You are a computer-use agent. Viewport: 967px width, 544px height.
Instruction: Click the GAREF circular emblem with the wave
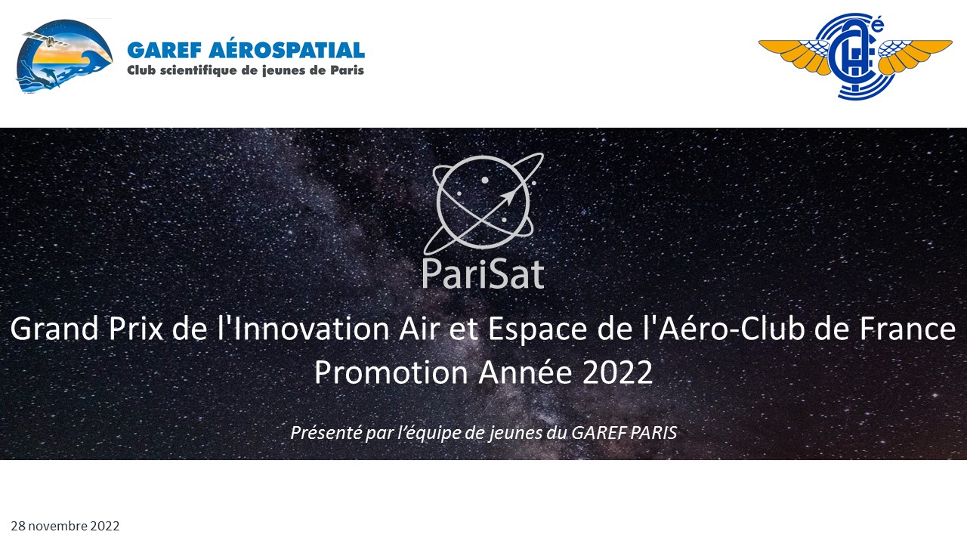(x=64, y=55)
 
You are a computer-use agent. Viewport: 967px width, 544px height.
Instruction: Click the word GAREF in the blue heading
(x=165, y=50)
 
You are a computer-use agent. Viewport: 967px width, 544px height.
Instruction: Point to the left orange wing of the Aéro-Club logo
(x=793, y=54)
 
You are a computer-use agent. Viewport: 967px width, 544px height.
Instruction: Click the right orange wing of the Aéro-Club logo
(x=915, y=54)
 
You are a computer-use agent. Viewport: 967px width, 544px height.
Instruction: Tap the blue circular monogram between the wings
(x=855, y=56)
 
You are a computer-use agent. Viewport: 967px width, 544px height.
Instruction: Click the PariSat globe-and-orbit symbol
(x=483, y=203)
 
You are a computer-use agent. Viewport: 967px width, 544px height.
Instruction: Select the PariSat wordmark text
(x=483, y=274)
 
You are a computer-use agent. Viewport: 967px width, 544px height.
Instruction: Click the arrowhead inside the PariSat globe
(x=509, y=196)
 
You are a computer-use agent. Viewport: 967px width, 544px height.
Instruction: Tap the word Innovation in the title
(x=310, y=329)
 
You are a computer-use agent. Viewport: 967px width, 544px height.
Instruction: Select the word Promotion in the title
(x=391, y=372)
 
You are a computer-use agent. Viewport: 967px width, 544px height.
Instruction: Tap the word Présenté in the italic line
(x=326, y=432)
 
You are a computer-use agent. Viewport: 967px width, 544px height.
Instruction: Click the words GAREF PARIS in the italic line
(x=624, y=433)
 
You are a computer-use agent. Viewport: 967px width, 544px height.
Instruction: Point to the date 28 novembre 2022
(x=65, y=526)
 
